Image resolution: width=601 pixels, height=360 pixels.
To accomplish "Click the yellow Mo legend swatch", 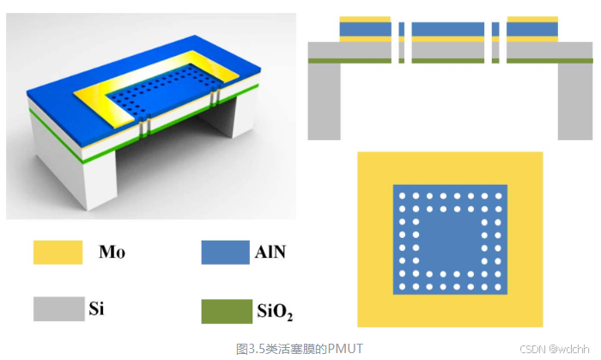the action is pyautogui.click(x=57, y=253).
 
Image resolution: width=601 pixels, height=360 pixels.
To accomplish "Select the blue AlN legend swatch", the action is pyautogui.click(x=225, y=253).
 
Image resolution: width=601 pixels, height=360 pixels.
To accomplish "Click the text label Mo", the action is pyautogui.click(x=112, y=252).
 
